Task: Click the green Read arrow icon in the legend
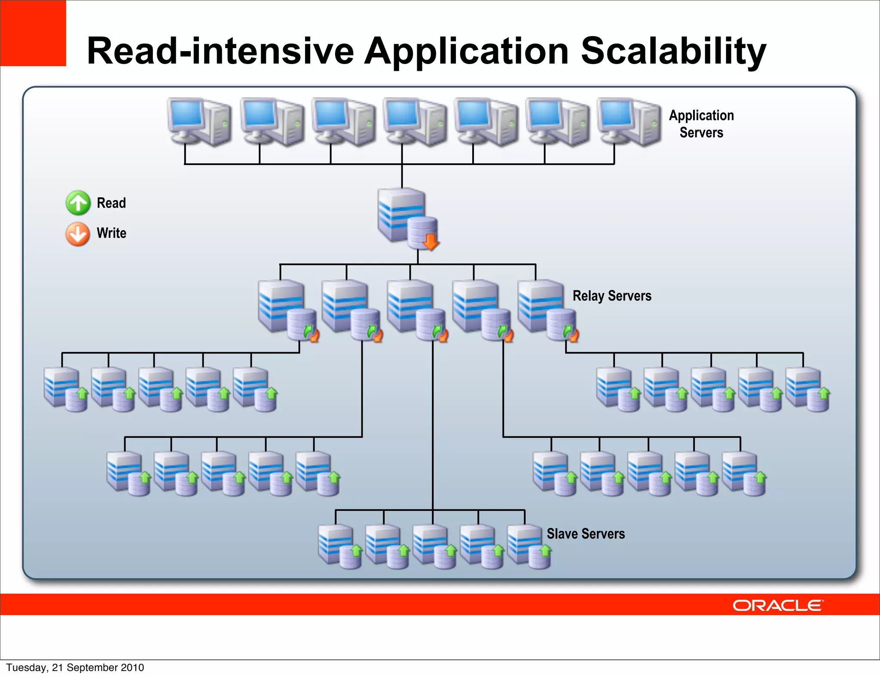pyautogui.click(x=78, y=203)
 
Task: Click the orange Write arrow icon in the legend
pyautogui.click(x=78, y=234)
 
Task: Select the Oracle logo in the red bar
pyautogui.click(x=777, y=605)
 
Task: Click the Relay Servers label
pyautogui.click(x=611, y=296)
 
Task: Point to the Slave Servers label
pyautogui.click(x=585, y=534)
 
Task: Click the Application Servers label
pyautogui.click(x=701, y=124)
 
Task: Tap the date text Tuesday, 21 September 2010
pyautogui.click(x=75, y=668)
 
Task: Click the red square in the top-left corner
pyautogui.click(x=33, y=33)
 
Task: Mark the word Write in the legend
pyautogui.click(x=111, y=233)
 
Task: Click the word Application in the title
pyautogui.click(x=467, y=52)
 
